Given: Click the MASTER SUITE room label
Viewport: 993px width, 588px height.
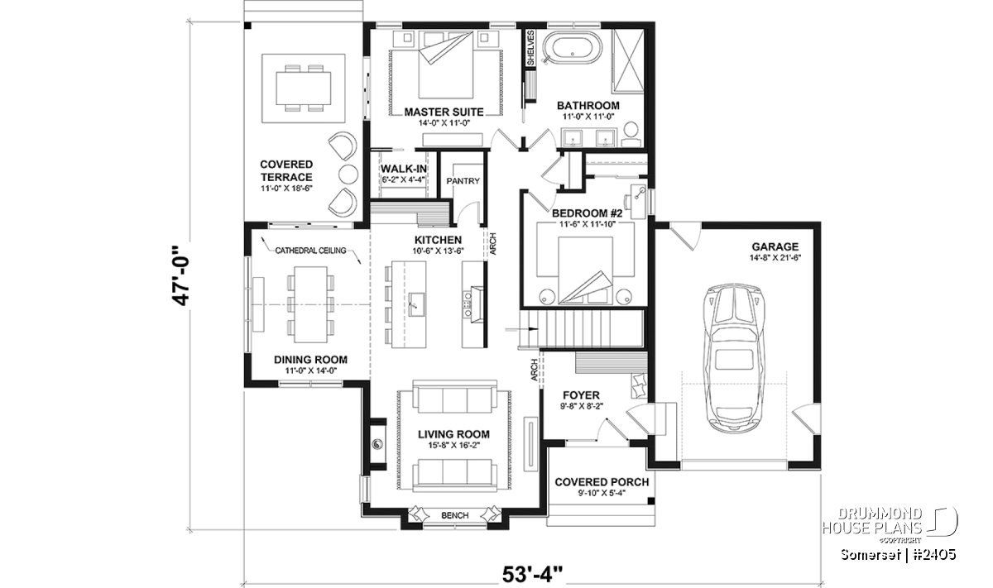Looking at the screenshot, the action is [x=444, y=112].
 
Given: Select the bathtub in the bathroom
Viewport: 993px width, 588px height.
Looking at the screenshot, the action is [x=573, y=49].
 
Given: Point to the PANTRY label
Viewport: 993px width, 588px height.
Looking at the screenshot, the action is [x=463, y=181].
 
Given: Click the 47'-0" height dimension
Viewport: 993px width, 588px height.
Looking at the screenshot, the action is [x=181, y=275].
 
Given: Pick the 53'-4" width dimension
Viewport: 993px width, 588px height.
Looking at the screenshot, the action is [x=532, y=574].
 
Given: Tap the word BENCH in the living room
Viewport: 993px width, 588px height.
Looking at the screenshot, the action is [x=455, y=515].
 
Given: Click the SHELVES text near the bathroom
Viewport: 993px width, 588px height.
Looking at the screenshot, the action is [x=530, y=48].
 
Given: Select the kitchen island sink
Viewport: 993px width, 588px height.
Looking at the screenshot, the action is [x=415, y=304].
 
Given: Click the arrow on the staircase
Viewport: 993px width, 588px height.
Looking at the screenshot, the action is [x=522, y=329].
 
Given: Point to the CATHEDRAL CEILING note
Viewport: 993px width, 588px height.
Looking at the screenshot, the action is [x=310, y=251].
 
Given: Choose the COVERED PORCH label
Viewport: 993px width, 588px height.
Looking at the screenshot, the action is [x=602, y=482].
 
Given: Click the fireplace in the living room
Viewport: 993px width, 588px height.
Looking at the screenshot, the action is [x=377, y=444].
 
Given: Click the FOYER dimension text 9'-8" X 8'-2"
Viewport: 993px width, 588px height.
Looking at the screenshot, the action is [x=581, y=405].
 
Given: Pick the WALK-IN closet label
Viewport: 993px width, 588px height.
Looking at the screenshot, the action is [x=404, y=169].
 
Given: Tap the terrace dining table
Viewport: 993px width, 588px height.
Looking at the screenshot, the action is [x=303, y=88].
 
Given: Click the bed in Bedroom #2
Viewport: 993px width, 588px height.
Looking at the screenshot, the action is [x=585, y=270].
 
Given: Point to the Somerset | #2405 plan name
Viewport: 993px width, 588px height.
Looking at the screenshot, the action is [x=898, y=555].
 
